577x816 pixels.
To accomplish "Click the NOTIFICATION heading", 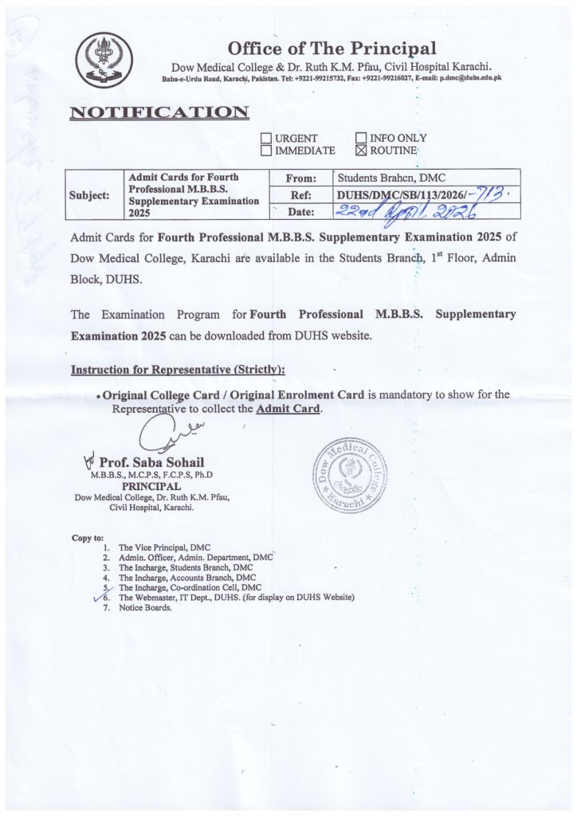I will click(159, 112).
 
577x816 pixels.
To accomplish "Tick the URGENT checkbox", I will click(267, 138).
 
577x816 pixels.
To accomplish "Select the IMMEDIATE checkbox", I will click(267, 150).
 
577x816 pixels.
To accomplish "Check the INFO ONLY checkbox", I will click(361, 138).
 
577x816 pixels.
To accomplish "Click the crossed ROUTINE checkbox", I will click(361, 150).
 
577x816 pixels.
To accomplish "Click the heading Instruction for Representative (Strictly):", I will click(178, 371).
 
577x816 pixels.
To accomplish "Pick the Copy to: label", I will click(87, 538).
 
